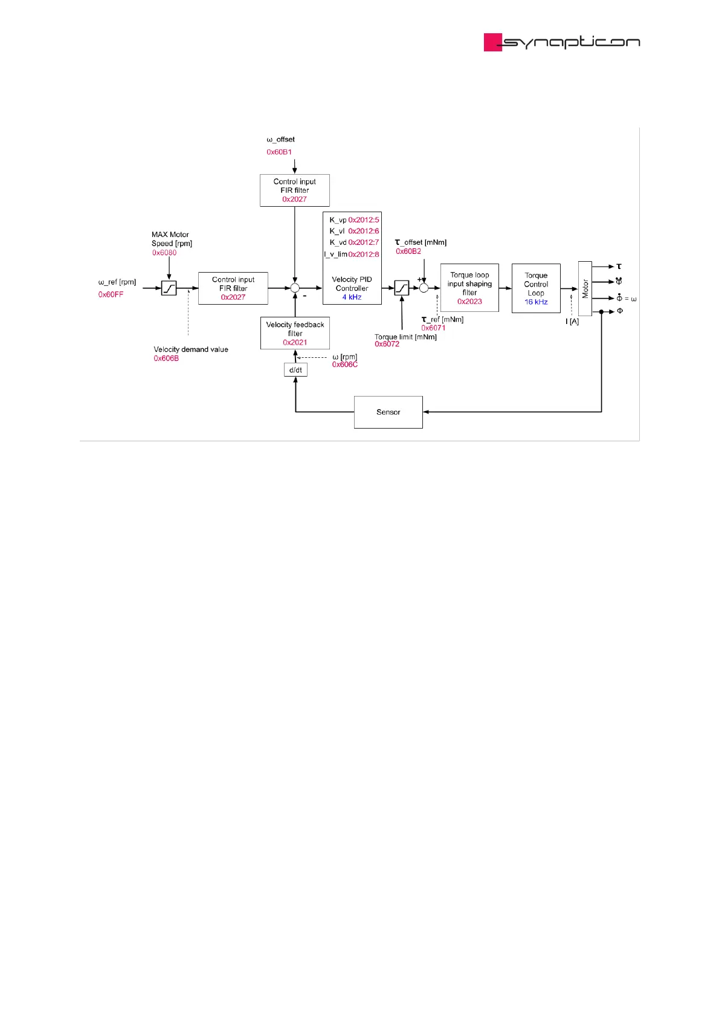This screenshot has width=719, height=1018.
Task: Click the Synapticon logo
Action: pyautogui.click(x=561, y=42)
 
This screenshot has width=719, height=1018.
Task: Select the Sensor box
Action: pyautogui.click(x=388, y=412)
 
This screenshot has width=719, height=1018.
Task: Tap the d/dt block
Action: pyautogui.click(x=295, y=370)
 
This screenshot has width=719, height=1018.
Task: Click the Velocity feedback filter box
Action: pyautogui.click(x=295, y=333)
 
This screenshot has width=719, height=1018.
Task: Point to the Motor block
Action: pyautogui.click(x=585, y=288)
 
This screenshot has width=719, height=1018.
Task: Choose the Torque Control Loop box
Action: pyautogui.click(x=536, y=288)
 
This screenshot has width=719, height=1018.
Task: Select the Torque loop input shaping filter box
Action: pyautogui.click(x=469, y=288)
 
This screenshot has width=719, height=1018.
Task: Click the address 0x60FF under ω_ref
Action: pyautogui.click(x=111, y=294)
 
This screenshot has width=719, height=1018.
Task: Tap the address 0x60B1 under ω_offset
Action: pyautogui.click(x=279, y=152)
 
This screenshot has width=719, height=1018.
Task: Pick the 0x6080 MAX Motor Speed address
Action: pyautogui.click(x=164, y=253)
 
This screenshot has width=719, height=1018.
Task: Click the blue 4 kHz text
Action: pyautogui.click(x=352, y=297)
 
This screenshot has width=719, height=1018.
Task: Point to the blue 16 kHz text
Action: pyautogui.click(x=536, y=302)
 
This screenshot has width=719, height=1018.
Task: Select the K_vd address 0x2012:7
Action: pyautogui.click(x=364, y=242)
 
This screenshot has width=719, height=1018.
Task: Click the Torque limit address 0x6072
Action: pyautogui.click(x=387, y=344)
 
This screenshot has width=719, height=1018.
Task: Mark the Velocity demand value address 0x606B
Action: pyautogui.click(x=166, y=358)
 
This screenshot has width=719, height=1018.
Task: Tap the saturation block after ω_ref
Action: pyautogui.click(x=169, y=288)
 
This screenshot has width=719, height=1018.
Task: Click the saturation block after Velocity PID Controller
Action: pyautogui.click(x=402, y=288)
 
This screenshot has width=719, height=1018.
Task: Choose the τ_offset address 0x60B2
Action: pyautogui.click(x=408, y=251)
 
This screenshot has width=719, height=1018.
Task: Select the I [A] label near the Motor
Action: pyautogui.click(x=572, y=322)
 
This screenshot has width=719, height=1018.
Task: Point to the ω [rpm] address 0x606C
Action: pyautogui.click(x=344, y=365)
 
